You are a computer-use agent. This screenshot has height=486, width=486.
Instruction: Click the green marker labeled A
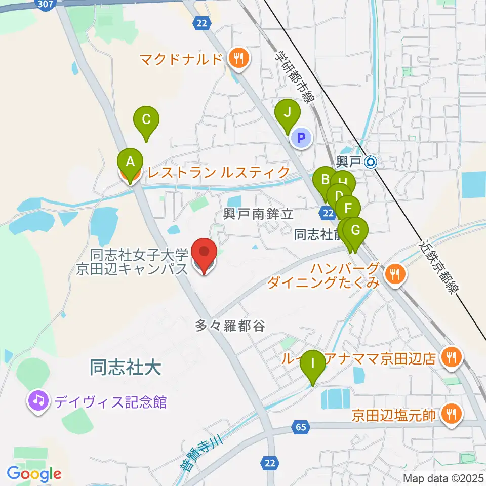click(130, 163)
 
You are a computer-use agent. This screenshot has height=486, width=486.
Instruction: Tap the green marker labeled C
click(146, 120)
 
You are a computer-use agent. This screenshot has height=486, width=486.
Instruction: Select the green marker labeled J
click(287, 113)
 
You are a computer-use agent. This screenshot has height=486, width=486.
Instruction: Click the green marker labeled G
click(355, 231)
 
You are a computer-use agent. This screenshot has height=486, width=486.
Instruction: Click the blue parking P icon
click(302, 137)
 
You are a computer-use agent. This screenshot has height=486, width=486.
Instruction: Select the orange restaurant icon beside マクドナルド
click(237, 59)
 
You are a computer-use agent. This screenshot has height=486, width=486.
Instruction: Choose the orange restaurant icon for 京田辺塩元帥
click(449, 415)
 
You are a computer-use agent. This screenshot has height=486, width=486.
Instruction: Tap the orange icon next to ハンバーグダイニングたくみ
click(394, 275)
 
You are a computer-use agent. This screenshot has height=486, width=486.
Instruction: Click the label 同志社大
click(126, 368)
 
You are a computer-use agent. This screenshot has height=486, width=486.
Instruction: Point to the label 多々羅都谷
click(230, 326)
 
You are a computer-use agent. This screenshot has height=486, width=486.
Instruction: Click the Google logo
click(34, 474)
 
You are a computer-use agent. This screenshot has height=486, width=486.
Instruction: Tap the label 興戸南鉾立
click(259, 214)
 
